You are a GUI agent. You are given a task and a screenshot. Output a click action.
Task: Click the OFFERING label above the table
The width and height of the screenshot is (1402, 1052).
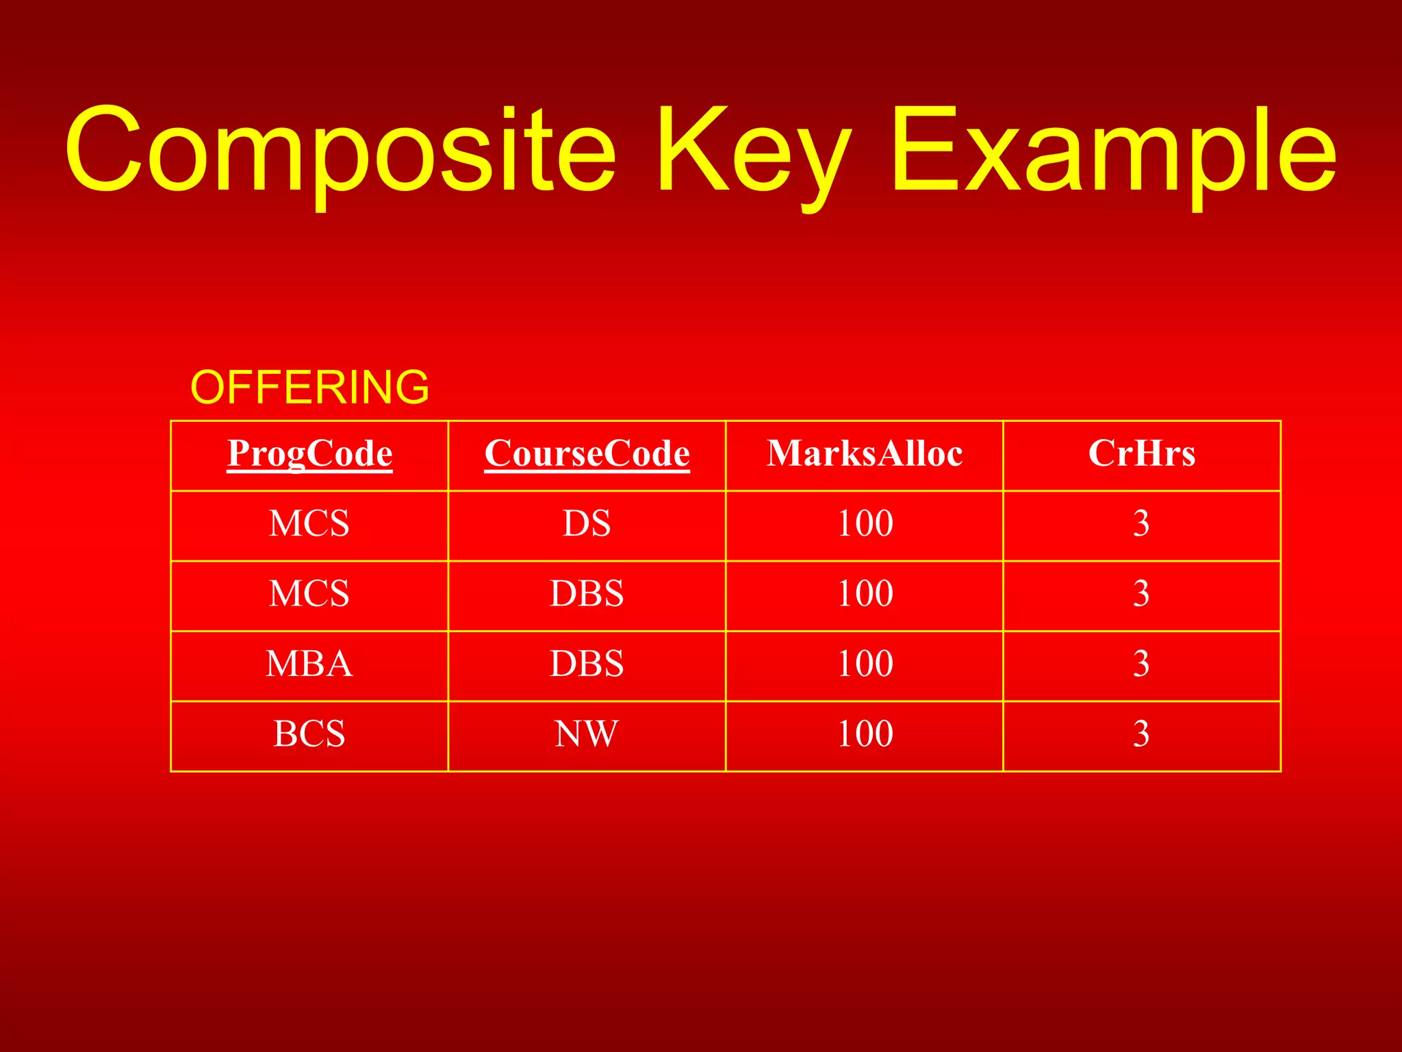pos(309,387)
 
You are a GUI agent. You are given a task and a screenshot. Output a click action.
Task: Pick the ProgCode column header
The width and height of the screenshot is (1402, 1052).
pos(309,453)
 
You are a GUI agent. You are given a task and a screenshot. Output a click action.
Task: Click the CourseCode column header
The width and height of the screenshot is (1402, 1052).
pos(587,453)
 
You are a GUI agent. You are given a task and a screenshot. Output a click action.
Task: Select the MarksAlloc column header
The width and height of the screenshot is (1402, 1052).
pos(865,453)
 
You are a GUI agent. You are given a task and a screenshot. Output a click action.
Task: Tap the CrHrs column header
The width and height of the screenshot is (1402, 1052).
pos(1141,453)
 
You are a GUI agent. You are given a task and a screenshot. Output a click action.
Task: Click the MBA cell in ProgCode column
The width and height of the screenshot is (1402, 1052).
pos(309,664)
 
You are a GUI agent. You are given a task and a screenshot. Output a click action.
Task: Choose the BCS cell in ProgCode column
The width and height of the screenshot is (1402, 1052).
pos(309,734)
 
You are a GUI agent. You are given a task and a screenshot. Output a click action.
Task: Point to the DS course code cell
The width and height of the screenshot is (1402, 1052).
pos(587,524)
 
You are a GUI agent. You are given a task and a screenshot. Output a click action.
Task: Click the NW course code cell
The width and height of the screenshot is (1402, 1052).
pos(587,734)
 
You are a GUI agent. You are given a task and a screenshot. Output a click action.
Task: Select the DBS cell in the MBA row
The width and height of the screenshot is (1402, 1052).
pos(587,664)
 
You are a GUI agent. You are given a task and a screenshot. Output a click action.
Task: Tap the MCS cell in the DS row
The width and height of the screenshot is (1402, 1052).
pos(309,524)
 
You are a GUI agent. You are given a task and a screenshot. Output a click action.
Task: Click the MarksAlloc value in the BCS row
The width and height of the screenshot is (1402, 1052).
pos(865,734)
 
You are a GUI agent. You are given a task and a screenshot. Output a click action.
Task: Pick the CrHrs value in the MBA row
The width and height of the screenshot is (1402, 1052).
pos(1141,664)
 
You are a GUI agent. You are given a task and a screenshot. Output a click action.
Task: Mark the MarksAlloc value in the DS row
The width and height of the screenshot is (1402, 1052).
pos(865,524)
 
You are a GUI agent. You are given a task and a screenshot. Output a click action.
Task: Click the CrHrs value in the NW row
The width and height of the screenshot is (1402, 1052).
pos(1141,734)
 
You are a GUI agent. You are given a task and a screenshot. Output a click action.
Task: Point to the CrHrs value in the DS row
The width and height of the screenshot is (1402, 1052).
pos(1141,524)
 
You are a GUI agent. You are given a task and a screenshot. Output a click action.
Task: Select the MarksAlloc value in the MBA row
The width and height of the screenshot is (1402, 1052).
pos(865,664)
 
